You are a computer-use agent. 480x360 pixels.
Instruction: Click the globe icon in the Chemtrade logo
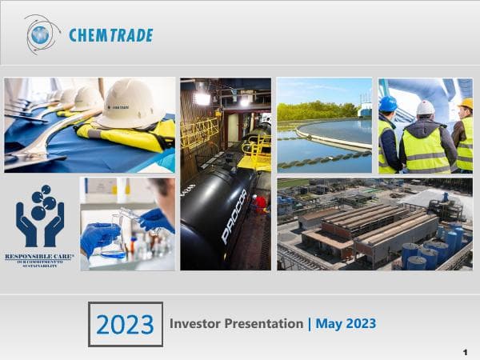(41, 34)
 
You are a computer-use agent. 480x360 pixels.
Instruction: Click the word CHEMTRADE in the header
(110, 35)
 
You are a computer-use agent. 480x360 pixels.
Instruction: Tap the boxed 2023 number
(125, 324)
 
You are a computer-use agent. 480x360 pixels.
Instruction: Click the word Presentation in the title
(263, 324)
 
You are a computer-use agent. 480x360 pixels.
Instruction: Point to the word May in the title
(330, 324)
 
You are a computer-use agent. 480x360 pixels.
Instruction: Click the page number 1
(465, 352)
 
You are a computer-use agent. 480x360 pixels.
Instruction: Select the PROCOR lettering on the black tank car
(234, 214)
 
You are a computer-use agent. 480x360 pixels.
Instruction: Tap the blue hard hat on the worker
(388, 104)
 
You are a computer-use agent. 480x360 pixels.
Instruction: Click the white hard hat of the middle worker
(426, 107)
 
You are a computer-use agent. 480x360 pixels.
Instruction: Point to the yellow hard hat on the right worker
(466, 104)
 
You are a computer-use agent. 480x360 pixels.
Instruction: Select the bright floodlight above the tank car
(202, 98)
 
